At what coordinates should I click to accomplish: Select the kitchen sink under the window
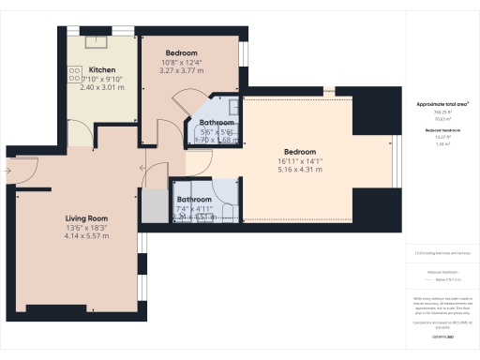click(97, 40)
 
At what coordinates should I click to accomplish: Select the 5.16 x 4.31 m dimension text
click(300, 170)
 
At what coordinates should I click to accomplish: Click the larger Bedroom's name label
click(300, 152)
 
